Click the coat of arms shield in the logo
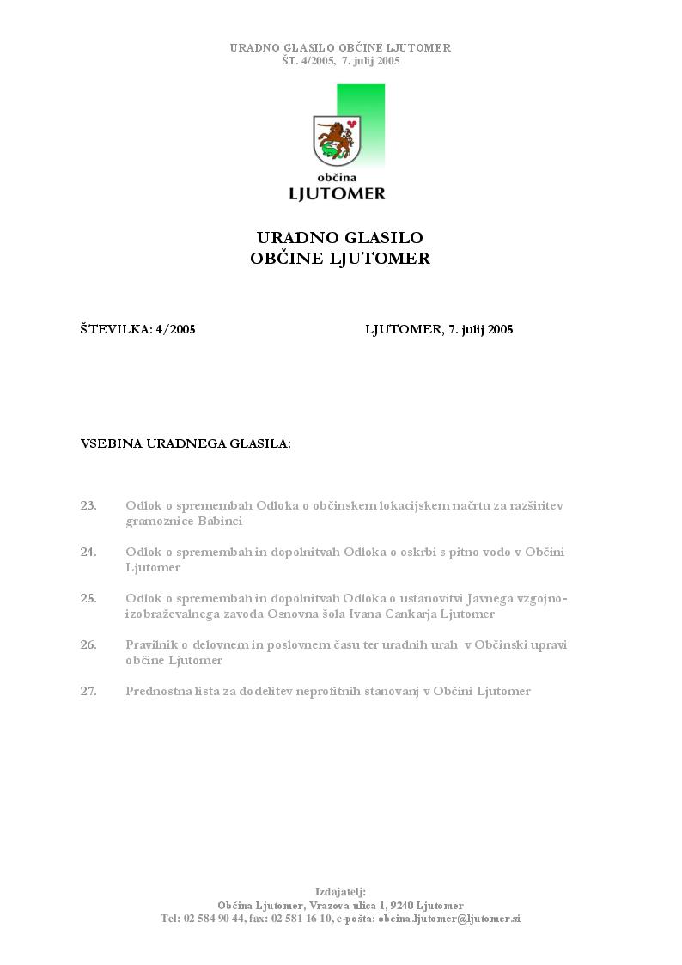coord(337,138)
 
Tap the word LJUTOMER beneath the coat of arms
coord(337,193)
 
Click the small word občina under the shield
coord(337,177)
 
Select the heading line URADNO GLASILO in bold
coord(340,238)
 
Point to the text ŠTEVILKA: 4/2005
coord(137,329)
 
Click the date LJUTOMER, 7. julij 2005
coord(439,329)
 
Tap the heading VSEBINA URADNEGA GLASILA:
coord(186,444)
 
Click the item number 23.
coord(88,505)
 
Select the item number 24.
coord(88,552)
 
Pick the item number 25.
coord(88,598)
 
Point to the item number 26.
coord(88,644)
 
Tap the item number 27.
coord(88,691)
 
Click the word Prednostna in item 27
coord(156,691)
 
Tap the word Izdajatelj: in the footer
coord(340,892)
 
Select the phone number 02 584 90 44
coord(214,919)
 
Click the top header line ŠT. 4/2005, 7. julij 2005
coord(340,61)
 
